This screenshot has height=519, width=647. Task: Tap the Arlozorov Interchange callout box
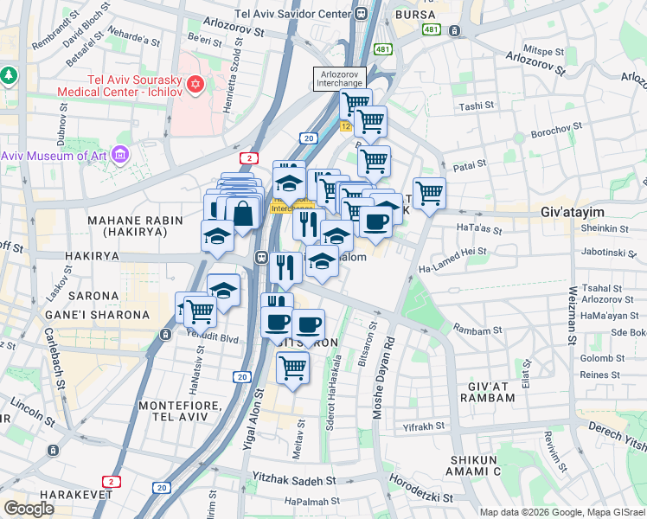tap(339, 78)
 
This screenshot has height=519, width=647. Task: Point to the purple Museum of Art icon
tap(120, 156)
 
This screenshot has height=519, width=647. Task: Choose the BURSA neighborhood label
tap(413, 15)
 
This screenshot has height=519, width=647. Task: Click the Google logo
tap(29, 508)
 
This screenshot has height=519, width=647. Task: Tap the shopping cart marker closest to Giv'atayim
tap(429, 192)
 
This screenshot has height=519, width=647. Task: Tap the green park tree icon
tap(10, 75)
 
